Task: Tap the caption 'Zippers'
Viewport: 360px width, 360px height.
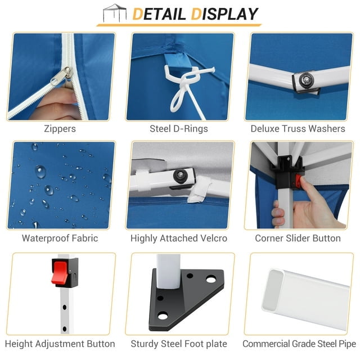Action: (x=60, y=129)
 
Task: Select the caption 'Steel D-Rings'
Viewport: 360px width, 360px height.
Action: (x=179, y=129)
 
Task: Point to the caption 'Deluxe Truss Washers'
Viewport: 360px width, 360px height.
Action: (x=298, y=129)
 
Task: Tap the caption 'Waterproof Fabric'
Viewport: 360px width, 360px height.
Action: (x=60, y=238)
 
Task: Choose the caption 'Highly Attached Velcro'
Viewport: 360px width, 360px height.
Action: (x=179, y=238)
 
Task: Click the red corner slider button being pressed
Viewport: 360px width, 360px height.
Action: (x=299, y=181)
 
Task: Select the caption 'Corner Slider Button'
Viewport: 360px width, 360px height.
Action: (x=298, y=238)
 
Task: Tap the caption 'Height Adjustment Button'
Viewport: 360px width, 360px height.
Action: (x=60, y=344)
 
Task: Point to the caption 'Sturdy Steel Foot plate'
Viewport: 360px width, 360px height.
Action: (x=179, y=344)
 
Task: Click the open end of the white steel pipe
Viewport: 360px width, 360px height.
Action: (x=273, y=290)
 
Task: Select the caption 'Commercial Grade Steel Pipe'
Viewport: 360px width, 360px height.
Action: (x=299, y=344)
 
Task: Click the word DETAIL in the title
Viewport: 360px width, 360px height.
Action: (x=159, y=14)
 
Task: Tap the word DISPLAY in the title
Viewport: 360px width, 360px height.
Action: (x=224, y=14)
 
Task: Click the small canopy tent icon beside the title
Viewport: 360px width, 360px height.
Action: (x=115, y=13)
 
